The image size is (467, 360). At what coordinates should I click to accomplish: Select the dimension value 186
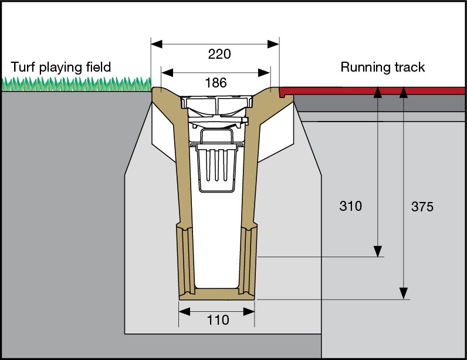tap(215, 83)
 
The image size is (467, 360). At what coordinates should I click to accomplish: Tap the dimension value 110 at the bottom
tap(217, 321)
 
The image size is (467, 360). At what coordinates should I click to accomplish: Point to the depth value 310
tap(351, 206)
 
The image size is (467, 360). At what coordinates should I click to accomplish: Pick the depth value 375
tap(422, 207)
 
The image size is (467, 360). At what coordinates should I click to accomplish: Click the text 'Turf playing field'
tap(61, 67)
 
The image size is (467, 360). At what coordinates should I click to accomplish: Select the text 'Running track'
tap(383, 67)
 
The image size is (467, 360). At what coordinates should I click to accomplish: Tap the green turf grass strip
tap(76, 85)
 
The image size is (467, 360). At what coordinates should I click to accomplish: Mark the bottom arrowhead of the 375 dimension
tap(403, 293)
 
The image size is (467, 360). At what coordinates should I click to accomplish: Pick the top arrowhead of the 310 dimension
tap(378, 92)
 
